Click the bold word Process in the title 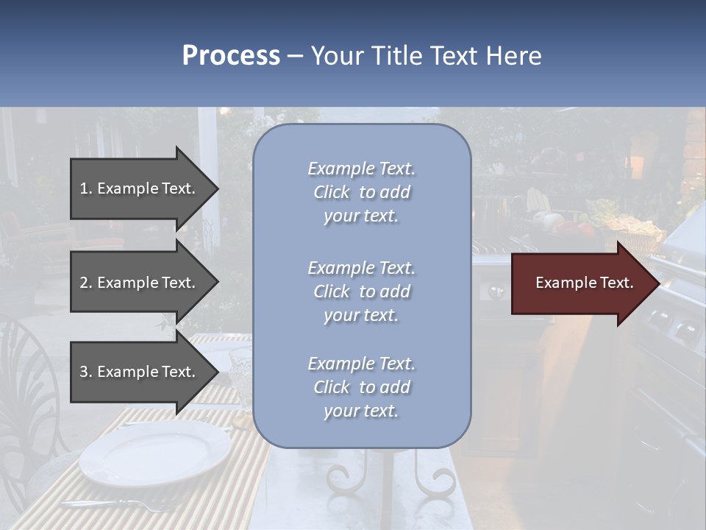pos(231,56)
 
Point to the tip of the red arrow pos(658,283)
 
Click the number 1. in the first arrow pos(86,188)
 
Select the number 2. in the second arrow pos(86,283)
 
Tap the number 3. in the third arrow pos(86,372)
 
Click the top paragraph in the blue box pos(361,192)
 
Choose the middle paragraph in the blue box pos(361,291)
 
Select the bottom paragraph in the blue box pos(361,387)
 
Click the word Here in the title pos(515,56)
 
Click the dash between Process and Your pos(295,56)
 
